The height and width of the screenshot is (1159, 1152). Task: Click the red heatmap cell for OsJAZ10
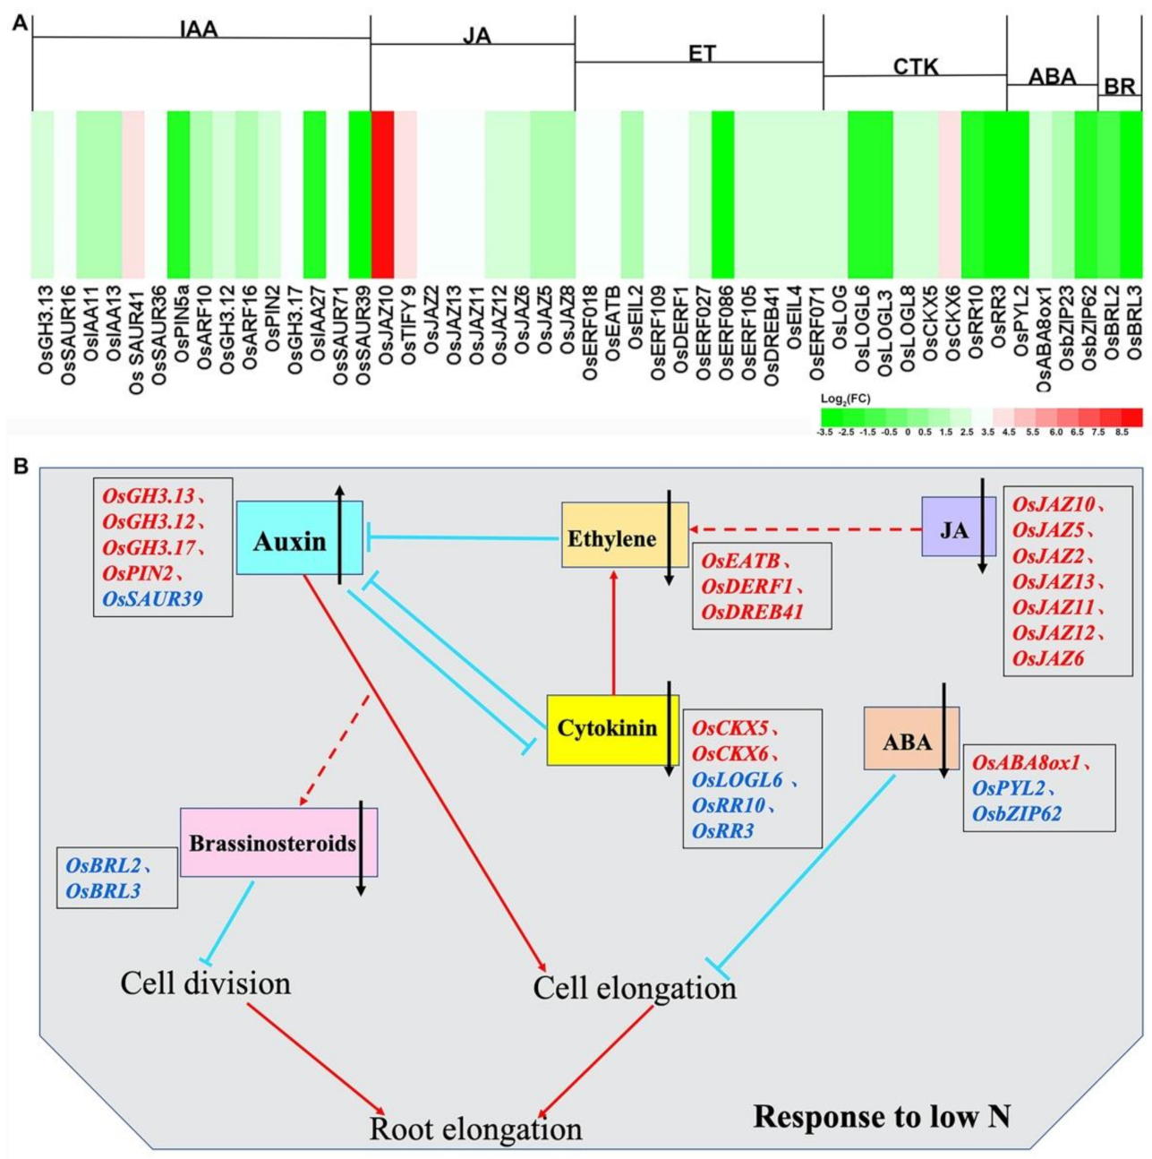(x=382, y=194)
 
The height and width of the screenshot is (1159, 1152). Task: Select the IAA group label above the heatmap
(x=198, y=30)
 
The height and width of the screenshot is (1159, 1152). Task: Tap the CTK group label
(x=916, y=66)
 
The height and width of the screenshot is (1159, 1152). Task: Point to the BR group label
(x=1119, y=87)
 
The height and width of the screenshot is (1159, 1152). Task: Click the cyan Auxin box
(x=288, y=541)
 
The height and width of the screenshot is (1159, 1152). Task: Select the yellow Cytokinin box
(x=607, y=728)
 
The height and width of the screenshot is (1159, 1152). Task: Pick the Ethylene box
(x=612, y=538)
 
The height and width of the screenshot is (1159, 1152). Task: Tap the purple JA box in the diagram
(x=953, y=529)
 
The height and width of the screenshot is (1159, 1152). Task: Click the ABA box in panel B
(x=907, y=741)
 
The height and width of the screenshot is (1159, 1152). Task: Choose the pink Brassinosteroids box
(x=272, y=843)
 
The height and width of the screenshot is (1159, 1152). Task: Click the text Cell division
(x=206, y=983)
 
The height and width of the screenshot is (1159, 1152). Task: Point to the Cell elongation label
(x=635, y=988)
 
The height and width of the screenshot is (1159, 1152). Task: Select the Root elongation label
(x=475, y=1129)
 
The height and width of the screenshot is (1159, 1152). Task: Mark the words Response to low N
(x=882, y=1117)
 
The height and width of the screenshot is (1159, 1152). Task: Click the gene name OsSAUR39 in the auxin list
(x=152, y=598)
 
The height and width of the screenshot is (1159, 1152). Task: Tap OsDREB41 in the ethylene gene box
(x=753, y=612)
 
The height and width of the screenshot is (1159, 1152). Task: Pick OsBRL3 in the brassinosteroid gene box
(x=103, y=890)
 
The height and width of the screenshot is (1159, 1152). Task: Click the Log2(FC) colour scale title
(x=845, y=399)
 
